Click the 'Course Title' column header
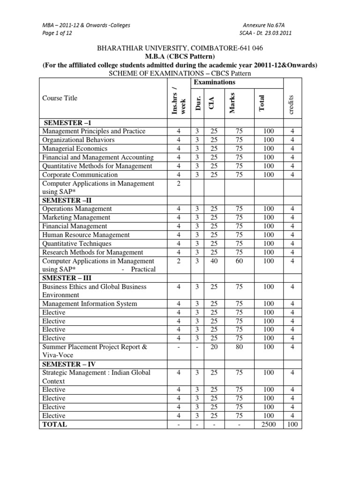pyautogui.click(x=60, y=98)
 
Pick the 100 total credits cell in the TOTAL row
pyautogui.click(x=292, y=424)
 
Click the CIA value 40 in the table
pyautogui.click(x=214, y=261)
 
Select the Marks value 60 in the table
pyautogui.click(x=240, y=261)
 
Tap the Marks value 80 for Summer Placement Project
pyautogui.click(x=240, y=347)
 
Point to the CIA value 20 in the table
pyautogui.click(x=214, y=347)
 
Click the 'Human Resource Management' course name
pyautogui.click(x=86, y=235)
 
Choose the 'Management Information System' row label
pyautogui.click(x=90, y=304)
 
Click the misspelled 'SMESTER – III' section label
pyautogui.click(x=67, y=278)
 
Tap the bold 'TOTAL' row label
pyautogui.click(x=55, y=424)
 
